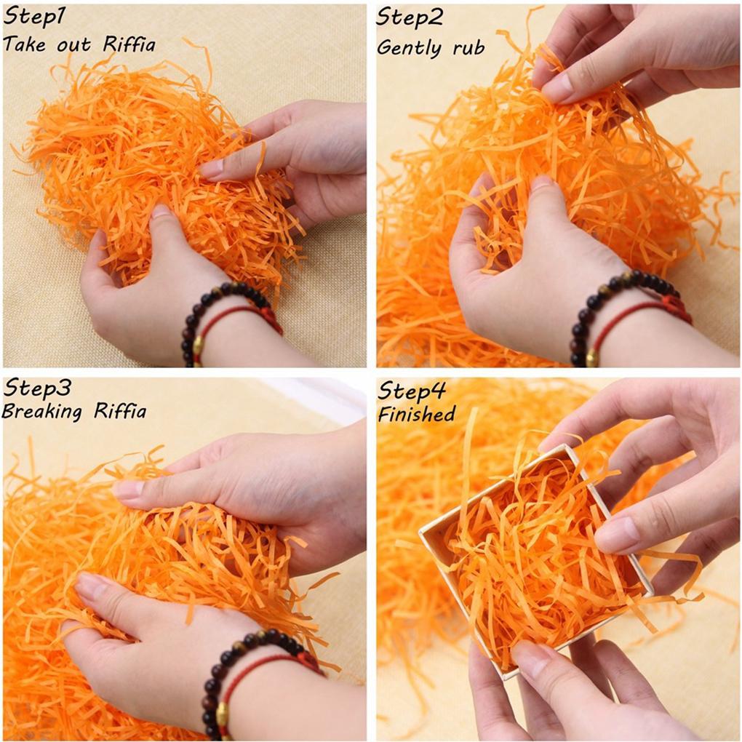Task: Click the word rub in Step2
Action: pos(468,48)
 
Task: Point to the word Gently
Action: pos(410,48)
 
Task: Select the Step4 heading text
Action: pos(412,391)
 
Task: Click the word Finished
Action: pos(416,415)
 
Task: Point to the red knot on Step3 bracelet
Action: pos(308,662)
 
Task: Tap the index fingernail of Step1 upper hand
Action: pos(211,169)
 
